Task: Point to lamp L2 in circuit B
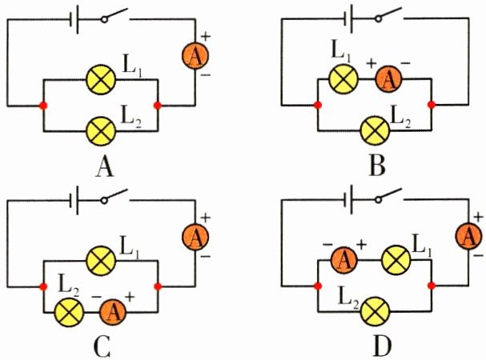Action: tap(374, 128)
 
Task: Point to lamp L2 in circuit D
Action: tap(375, 308)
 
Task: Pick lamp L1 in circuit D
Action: tap(395, 258)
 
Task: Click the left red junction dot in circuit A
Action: tap(42, 105)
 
